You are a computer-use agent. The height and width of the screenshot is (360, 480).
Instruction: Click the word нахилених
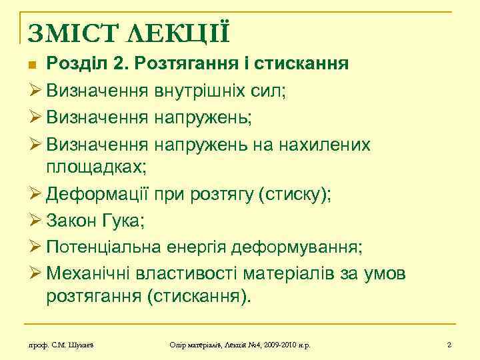[331, 145]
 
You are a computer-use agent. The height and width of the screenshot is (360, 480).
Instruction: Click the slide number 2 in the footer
[449, 345]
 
